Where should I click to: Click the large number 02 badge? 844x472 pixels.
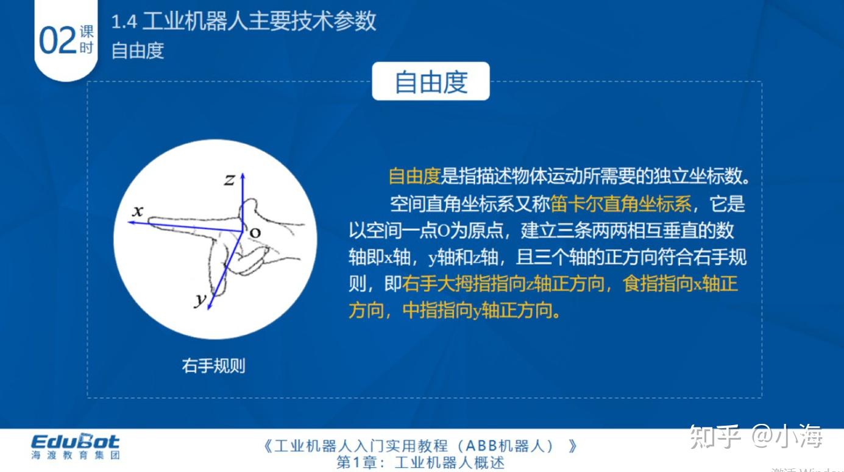[x=57, y=40]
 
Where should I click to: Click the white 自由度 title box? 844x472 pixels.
[x=431, y=81]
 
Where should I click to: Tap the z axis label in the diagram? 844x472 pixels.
[x=229, y=179]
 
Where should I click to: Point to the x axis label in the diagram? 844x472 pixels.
[x=138, y=211]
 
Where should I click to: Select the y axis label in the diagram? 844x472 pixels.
[x=200, y=299]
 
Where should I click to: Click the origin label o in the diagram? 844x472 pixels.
[x=255, y=232]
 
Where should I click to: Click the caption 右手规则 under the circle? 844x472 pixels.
[x=213, y=365]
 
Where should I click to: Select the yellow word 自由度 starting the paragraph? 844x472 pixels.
[x=414, y=177]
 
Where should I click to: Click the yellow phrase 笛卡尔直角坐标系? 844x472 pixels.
[x=621, y=203]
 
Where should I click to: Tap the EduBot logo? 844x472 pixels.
[x=76, y=442]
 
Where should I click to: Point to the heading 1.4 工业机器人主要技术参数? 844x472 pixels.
[x=244, y=22]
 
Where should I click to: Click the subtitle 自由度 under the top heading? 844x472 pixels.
[x=138, y=50]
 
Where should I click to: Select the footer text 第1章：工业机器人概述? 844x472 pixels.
[x=420, y=463]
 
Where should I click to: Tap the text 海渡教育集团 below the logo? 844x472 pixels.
[x=76, y=455]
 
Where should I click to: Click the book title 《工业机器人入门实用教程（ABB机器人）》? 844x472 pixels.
[x=420, y=446]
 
